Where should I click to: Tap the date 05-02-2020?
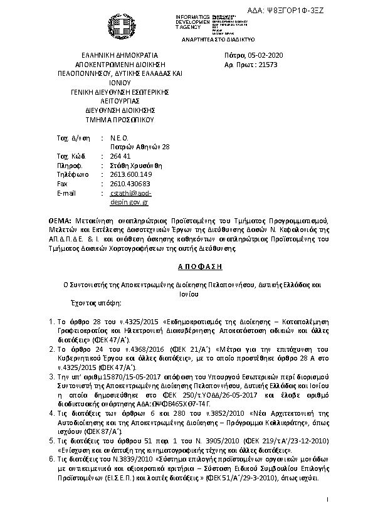266,55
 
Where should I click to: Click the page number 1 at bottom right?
327,499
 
